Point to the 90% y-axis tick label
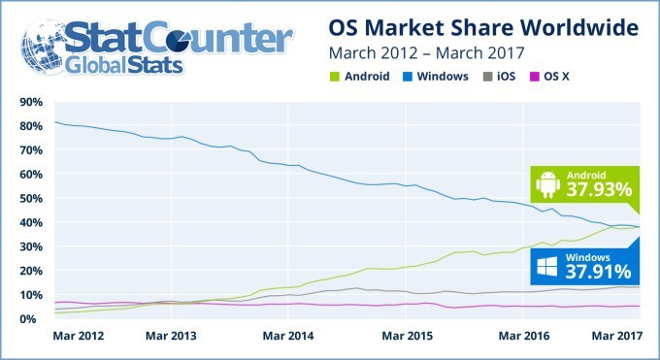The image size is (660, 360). click(26, 102)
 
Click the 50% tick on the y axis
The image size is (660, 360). click(26, 198)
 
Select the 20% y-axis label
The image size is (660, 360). click(26, 271)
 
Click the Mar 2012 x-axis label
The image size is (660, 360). click(77, 336)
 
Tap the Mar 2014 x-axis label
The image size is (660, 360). click(288, 336)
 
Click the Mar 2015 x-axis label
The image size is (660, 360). click(406, 336)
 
